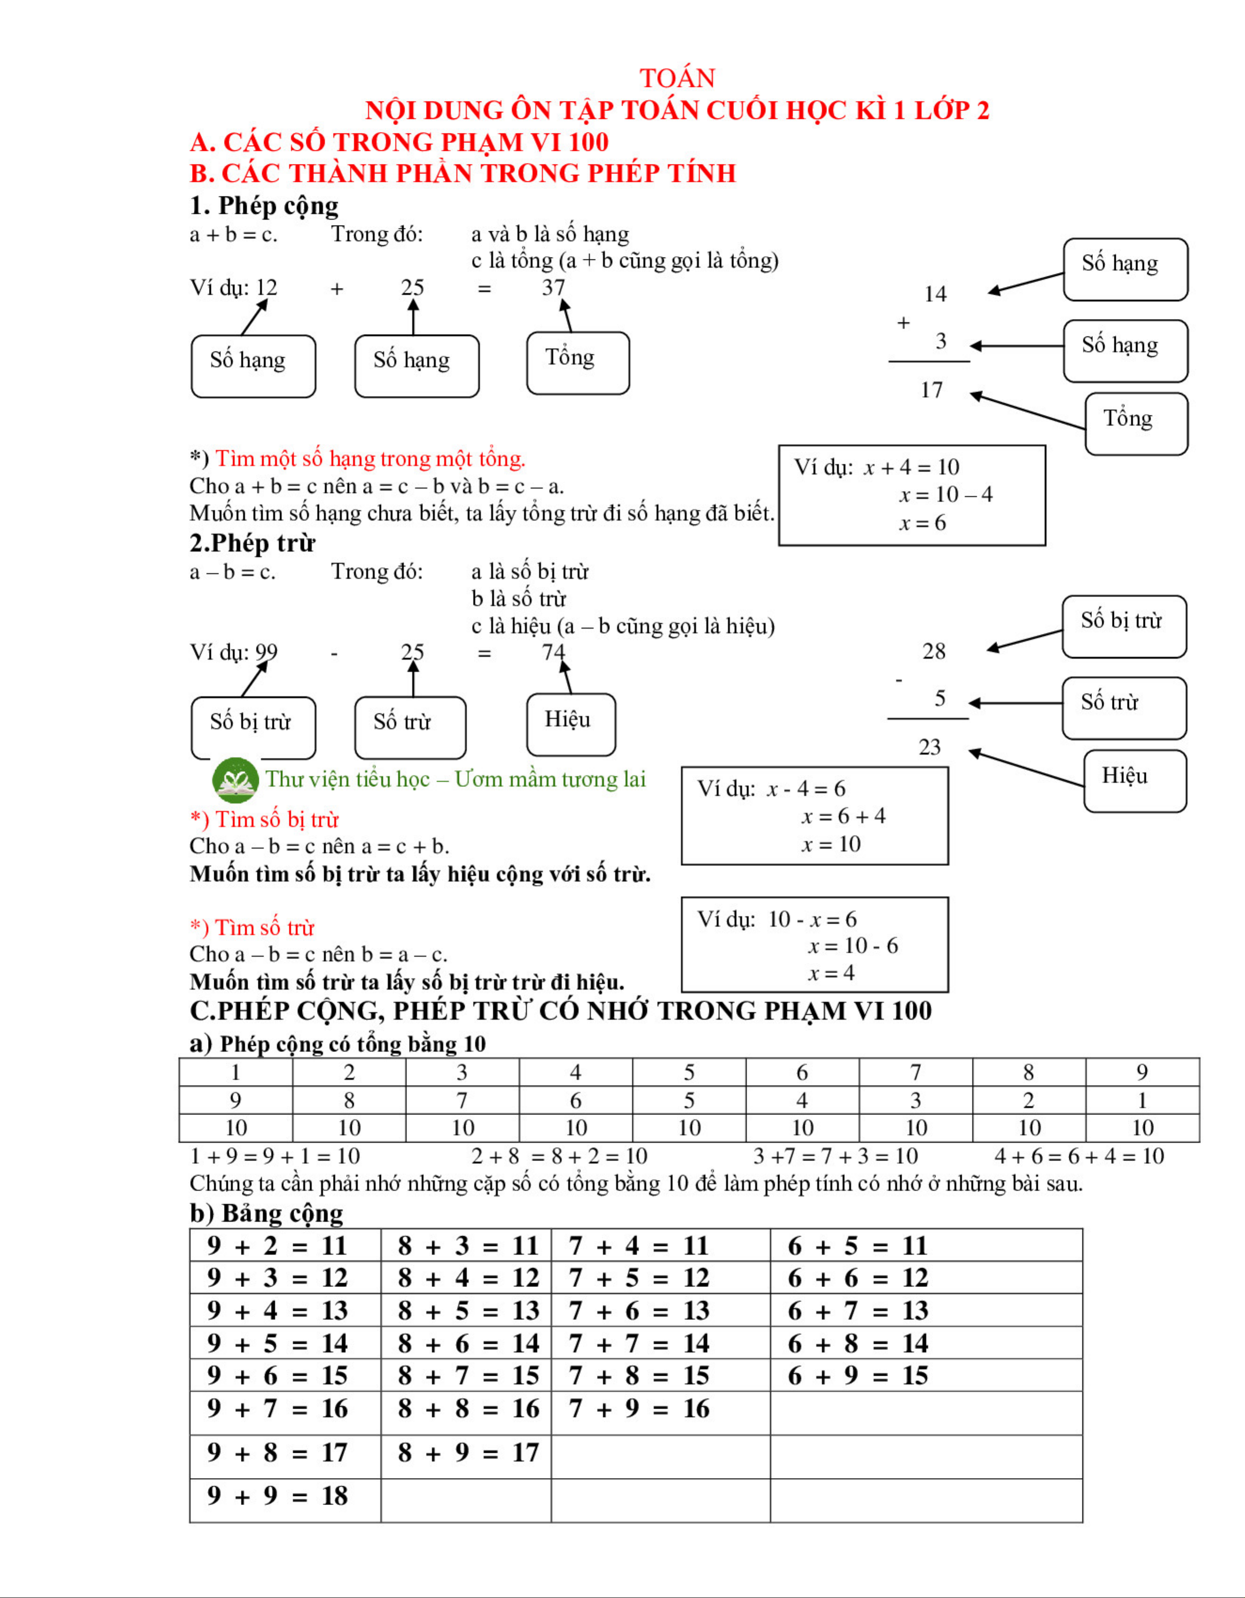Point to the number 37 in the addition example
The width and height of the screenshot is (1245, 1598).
(x=554, y=288)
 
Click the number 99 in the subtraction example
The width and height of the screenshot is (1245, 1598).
(x=266, y=652)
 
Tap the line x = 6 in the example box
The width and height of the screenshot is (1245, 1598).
(x=922, y=522)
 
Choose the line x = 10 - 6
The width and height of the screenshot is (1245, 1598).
(x=853, y=945)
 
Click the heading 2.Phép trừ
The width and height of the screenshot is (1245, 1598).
(x=252, y=543)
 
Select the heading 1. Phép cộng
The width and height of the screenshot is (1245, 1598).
(x=264, y=206)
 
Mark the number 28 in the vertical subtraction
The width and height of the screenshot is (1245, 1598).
(x=933, y=650)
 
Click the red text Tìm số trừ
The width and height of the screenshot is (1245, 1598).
(x=263, y=928)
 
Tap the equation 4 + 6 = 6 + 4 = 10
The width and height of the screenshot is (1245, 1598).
(x=1079, y=1156)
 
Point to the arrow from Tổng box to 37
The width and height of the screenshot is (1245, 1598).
(x=566, y=315)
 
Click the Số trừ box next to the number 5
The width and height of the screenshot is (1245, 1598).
(x=1123, y=708)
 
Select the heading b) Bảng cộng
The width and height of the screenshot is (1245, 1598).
(x=266, y=1213)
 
